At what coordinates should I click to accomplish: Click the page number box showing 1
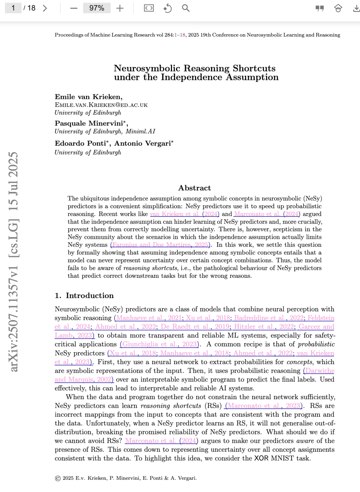13,8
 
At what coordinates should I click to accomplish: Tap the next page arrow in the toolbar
45,8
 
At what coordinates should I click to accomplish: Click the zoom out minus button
74,8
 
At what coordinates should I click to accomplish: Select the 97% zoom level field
97,8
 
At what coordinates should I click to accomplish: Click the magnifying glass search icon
186,8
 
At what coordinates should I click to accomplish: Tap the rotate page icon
167,8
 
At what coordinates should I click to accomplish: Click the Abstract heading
194,188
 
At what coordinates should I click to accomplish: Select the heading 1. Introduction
84,295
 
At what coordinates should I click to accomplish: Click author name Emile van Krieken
88,97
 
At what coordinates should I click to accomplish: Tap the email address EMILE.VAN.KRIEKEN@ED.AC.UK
101,105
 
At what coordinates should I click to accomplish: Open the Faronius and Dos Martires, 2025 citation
160,245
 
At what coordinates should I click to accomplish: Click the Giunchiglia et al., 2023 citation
160,344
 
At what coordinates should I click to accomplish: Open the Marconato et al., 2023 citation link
264,406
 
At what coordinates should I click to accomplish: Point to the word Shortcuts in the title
254,68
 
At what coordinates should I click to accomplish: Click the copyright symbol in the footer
58,478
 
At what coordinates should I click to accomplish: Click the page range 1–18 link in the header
180,35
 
